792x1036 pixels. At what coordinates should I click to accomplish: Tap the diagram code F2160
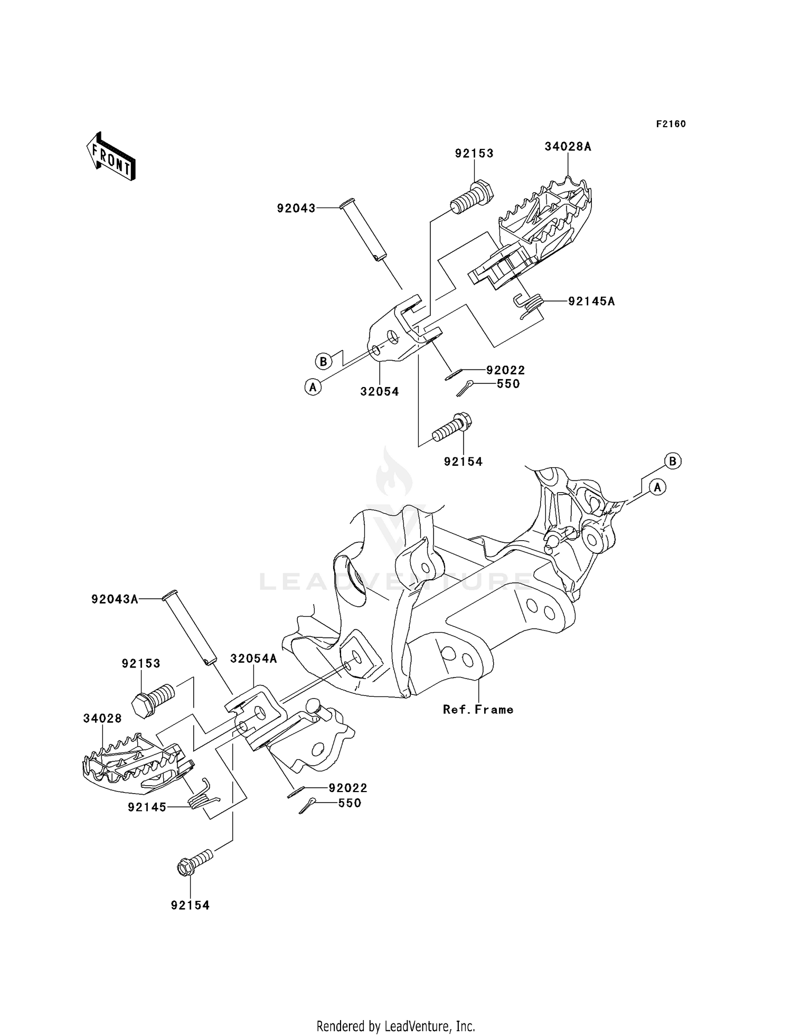tap(671, 124)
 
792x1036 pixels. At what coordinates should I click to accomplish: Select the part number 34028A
tap(568, 147)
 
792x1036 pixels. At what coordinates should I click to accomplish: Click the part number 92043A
tap(115, 599)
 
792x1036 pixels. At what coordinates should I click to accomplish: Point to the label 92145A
tap(591, 302)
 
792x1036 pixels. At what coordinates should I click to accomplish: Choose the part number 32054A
tap(253, 658)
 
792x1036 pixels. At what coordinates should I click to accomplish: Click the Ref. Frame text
tap(478, 710)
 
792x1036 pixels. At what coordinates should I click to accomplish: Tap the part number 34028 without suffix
tap(102, 719)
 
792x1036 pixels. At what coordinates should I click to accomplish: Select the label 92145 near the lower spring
tap(147, 807)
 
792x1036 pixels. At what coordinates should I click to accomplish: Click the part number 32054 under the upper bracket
tap(380, 392)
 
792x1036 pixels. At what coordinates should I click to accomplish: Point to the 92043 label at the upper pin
tap(296, 209)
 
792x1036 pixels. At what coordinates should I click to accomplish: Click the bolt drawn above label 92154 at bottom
tap(194, 862)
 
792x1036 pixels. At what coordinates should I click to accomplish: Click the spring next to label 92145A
tap(529, 305)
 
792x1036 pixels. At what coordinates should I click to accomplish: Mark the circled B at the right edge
tap(673, 461)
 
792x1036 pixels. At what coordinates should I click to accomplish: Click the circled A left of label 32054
tap(313, 388)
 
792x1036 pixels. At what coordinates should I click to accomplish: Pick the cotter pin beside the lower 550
tap(307, 806)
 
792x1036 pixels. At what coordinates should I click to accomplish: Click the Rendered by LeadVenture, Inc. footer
tap(396, 1011)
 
